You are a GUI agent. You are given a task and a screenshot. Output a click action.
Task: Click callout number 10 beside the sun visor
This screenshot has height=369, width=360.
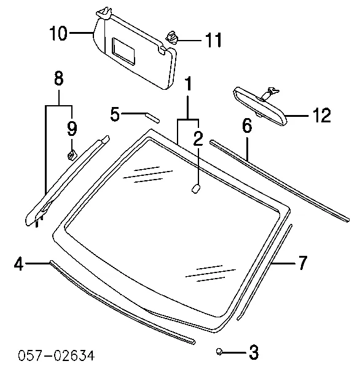point(59,33)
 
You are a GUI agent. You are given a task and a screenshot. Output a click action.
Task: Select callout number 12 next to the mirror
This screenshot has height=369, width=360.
point(321,115)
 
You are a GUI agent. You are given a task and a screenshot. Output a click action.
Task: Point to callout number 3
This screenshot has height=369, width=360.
point(254,352)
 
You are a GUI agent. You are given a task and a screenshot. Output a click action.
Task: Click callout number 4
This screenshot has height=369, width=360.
point(19,264)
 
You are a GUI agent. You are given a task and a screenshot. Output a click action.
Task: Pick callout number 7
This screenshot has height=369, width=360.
point(302,263)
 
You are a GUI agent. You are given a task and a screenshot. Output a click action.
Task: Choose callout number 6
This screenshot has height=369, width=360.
point(247,125)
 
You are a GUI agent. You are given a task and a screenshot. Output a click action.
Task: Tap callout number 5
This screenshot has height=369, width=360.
point(115,114)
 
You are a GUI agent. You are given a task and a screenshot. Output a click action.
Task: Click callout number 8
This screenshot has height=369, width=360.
point(59,78)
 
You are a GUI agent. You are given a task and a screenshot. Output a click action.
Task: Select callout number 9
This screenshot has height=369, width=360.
point(72,129)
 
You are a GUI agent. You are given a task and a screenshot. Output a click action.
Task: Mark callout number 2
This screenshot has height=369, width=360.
point(198,139)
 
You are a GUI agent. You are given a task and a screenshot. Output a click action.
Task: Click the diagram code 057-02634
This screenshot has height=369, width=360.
point(57,355)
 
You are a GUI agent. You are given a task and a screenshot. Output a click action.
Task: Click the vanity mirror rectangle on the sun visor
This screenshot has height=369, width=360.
point(123,51)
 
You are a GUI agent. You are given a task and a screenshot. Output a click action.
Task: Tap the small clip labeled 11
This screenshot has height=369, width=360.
point(173,38)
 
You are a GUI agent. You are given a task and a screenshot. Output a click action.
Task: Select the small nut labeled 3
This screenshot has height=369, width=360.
point(219,352)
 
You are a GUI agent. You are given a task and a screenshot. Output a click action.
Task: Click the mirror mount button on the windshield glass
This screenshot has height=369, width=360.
point(196,189)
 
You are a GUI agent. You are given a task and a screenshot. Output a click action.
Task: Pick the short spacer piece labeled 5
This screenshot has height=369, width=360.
point(152,117)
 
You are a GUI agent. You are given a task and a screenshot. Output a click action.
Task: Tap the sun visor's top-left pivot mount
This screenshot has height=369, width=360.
point(104,13)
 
